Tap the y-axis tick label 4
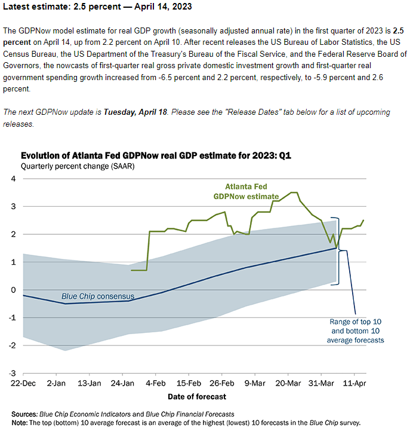(x=13, y=179)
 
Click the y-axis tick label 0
(x=13, y=289)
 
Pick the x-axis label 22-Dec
(x=23, y=384)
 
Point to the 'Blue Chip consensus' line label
(x=98, y=296)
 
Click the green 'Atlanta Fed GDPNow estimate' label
(x=247, y=191)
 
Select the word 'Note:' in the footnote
(x=21, y=422)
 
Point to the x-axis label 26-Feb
(x=223, y=384)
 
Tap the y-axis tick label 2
(x=13, y=234)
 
